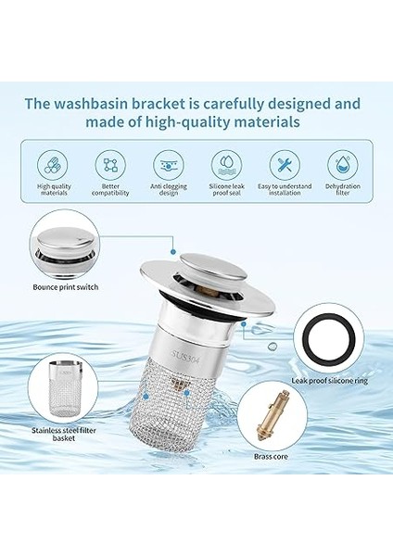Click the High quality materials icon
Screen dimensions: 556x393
(53, 166)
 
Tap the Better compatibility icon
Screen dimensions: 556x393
(110, 166)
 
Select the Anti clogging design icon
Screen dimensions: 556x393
(169, 166)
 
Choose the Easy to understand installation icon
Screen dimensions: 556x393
(285, 166)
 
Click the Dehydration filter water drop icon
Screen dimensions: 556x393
(343, 166)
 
